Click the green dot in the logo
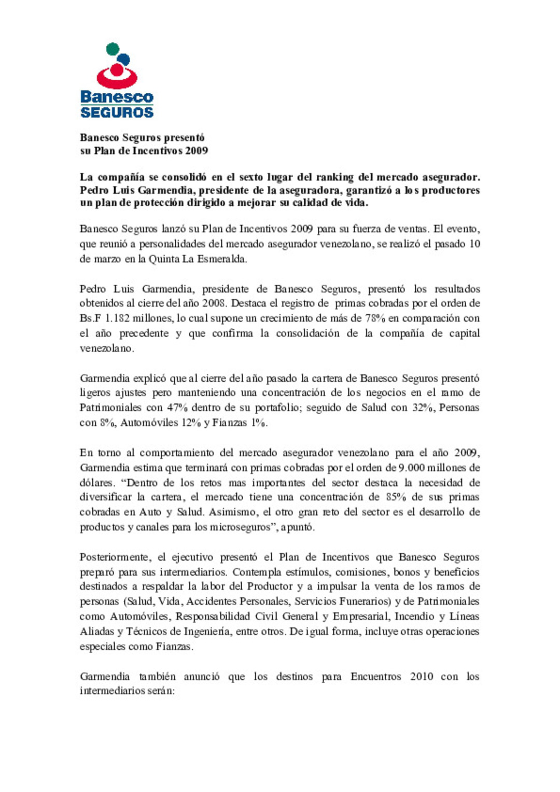click(113, 49)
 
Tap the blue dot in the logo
click(124, 59)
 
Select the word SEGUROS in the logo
click(117, 112)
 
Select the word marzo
click(107, 259)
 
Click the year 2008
click(212, 303)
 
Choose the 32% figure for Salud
click(423, 408)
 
